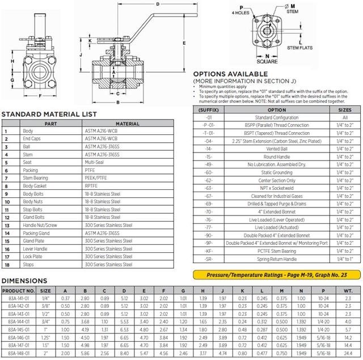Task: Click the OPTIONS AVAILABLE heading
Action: point(231,74)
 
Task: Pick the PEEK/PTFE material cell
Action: point(97,178)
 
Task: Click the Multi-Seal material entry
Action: point(94,162)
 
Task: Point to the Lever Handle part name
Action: point(35,249)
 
